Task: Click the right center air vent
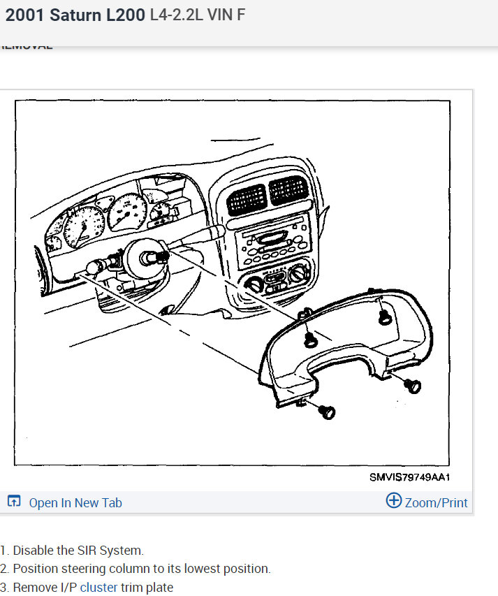point(288,189)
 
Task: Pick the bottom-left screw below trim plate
point(326,412)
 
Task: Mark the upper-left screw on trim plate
point(310,340)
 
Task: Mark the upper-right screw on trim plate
point(383,319)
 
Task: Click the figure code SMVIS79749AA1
point(409,478)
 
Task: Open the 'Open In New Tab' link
point(75,502)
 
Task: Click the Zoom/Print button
point(427,502)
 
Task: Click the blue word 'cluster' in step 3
point(98,588)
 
